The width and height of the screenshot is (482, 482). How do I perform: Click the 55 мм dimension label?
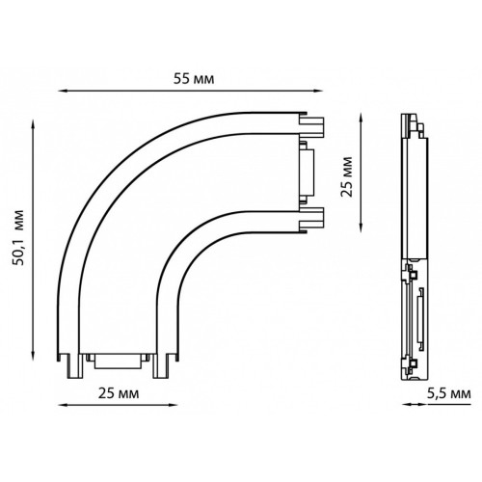(x=194, y=79)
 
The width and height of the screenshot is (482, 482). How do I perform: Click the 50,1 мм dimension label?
(x=18, y=237)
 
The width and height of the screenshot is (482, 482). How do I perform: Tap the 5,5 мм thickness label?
(x=449, y=393)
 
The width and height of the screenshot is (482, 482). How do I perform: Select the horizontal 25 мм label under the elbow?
(x=119, y=393)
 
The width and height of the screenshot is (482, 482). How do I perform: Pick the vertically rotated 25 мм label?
(x=347, y=176)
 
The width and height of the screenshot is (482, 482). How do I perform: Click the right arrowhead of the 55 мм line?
(x=318, y=91)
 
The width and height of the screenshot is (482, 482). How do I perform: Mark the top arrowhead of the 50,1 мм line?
(x=33, y=124)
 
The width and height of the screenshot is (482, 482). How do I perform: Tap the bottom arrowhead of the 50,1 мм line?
(x=33, y=356)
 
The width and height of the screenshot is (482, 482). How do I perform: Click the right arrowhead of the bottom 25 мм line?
(x=174, y=405)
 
